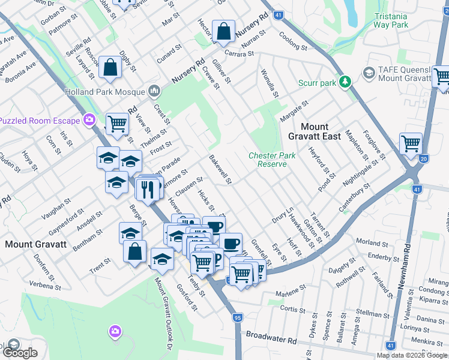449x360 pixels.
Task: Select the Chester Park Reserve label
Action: [272, 160]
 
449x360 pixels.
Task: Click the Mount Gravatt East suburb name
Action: [321, 131]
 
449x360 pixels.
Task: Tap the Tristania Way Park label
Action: [390, 20]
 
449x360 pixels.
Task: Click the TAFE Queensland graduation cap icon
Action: [369, 74]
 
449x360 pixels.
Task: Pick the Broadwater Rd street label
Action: [271, 340]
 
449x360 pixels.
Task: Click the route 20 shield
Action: [424, 159]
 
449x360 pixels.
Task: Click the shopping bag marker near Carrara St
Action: [223, 31]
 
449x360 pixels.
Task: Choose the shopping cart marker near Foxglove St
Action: [411, 144]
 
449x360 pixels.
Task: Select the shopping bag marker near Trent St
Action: [135, 251]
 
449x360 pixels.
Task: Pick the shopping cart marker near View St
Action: [116, 124]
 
